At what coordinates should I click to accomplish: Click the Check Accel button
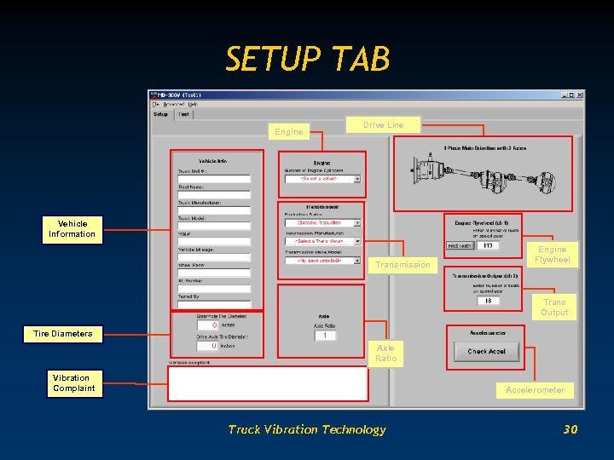click(x=486, y=351)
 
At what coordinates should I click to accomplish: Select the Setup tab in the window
click(x=160, y=114)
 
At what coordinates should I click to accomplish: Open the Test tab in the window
click(x=183, y=114)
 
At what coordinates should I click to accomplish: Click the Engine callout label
click(x=288, y=132)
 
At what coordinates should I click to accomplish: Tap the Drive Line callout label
click(x=383, y=125)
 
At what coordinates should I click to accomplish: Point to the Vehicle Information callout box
click(x=72, y=229)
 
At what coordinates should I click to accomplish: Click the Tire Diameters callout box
click(x=64, y=334)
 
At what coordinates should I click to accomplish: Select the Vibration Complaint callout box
click(x=73, y=383)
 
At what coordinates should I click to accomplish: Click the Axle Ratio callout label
click(x=385, y=354)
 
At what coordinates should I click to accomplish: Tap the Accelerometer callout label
click(x=535, y=390)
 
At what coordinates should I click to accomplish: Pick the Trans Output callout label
click(x=553, y=308)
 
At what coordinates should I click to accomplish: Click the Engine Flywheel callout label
click(x=552, y=255)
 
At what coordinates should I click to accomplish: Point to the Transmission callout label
click(x=403, y=265)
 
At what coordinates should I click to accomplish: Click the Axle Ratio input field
click(x=324, y=336)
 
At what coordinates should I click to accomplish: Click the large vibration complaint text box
click(x=268, y=383)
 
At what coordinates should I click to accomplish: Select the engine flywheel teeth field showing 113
click(x=488, y=245)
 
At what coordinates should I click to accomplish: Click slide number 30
click(x=571, y=429)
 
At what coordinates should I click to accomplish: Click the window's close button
click(x=579, y=95)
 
